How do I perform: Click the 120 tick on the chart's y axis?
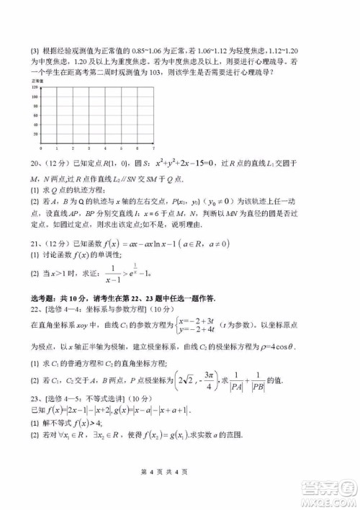pyautogui.click(x=35, y=89)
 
